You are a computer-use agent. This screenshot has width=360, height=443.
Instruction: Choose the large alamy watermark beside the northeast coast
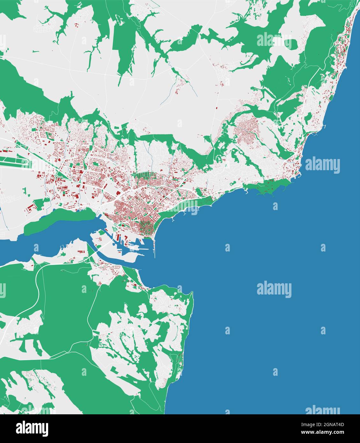[322, 165]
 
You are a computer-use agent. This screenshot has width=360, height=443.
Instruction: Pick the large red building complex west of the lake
[30, 209]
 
